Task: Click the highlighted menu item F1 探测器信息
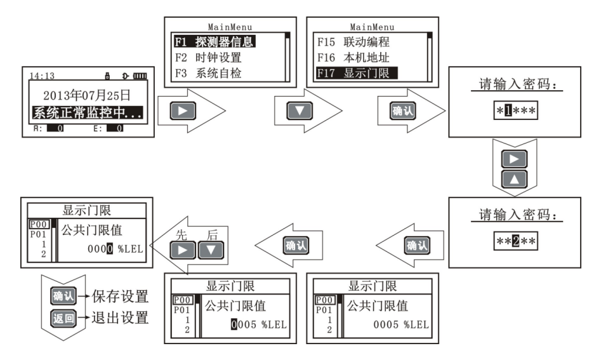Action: point(214,43)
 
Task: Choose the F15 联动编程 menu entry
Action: point(353,43)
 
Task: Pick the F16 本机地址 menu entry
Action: point(353,57)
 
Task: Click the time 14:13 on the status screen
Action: point(41,76)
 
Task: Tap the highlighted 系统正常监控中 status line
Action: point(86,114)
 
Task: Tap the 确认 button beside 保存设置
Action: point(62,296)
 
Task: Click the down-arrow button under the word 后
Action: point(211,248)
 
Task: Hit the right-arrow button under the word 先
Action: point(185,248)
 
